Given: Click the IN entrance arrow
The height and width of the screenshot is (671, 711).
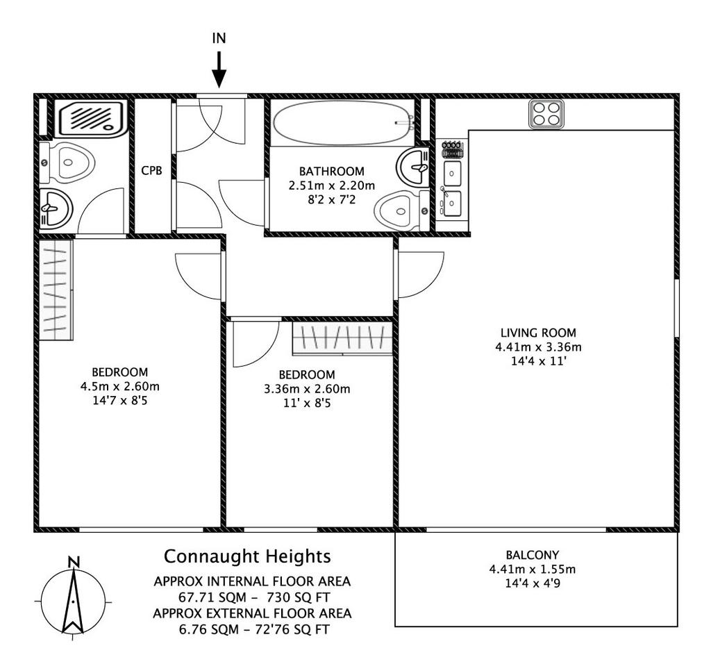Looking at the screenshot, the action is [x=219, y=69].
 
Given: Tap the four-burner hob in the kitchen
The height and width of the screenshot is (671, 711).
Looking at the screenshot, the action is [x=546, y=114].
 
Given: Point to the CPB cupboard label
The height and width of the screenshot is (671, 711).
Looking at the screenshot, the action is [x=151, y=171].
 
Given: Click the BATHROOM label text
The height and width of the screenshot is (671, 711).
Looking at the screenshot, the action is [x=331, y=172].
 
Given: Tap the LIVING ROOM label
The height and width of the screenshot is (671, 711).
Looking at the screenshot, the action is [x=538, y=333].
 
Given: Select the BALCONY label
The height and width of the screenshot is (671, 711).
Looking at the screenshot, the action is [x=533, y=555].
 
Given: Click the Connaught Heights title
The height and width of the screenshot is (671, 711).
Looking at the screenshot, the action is [x=247, y=556].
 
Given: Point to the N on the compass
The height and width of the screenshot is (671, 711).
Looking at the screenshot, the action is [x=73, y=562].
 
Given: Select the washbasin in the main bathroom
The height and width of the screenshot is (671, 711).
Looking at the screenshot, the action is [x=412, y=167].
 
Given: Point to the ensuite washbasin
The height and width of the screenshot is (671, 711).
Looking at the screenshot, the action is [x=56, y=208].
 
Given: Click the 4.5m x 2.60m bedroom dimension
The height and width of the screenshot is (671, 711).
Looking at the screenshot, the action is [x=119, y=387].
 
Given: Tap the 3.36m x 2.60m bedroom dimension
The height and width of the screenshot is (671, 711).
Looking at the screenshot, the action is [x=307, y=389].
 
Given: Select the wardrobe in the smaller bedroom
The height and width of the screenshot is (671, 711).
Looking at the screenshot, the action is [x=342, y=338].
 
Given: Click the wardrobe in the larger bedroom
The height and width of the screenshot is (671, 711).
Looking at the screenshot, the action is [x=56, y=290].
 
